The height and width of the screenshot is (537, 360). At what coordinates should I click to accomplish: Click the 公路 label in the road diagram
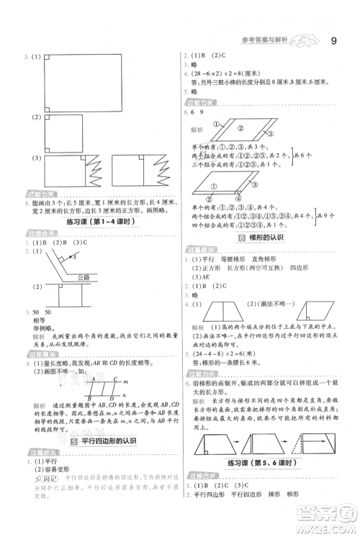click(84, 276)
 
